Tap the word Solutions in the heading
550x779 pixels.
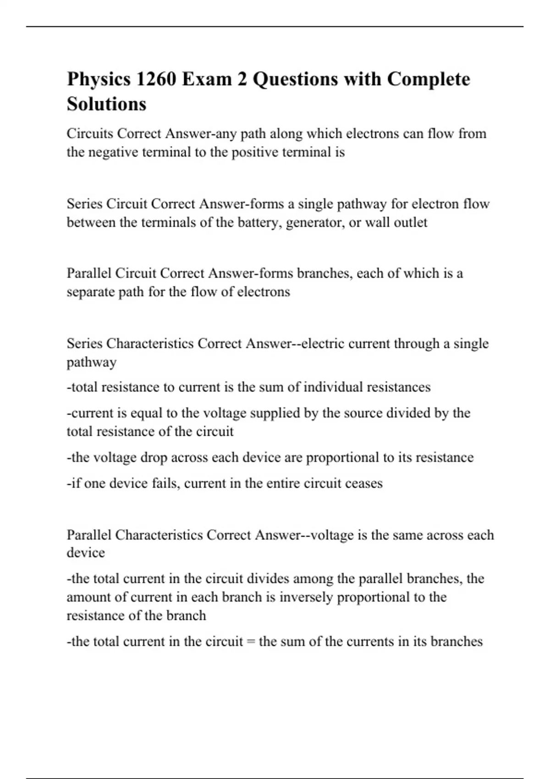106,104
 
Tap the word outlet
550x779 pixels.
410,222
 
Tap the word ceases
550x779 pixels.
363,483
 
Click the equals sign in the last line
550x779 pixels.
250,642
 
